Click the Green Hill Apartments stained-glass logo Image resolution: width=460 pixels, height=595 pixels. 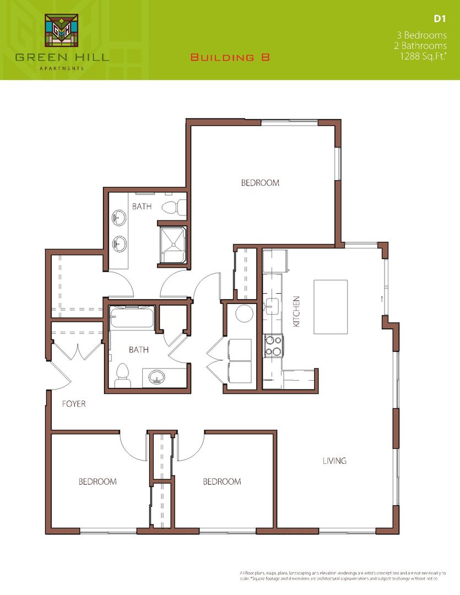tap(61, 32)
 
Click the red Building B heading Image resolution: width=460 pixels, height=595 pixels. tap(230, 57)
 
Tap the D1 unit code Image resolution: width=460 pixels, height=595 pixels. tap(439, 19)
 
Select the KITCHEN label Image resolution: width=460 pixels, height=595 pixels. tap(296, 312)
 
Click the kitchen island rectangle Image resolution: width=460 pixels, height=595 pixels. tap(331, 306)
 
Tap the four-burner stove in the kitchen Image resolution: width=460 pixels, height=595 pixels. tap(273, 345)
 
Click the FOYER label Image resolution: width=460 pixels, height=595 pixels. tap(73, 404)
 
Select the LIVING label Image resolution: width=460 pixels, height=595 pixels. tap(334, 461)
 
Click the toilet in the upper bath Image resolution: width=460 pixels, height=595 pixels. tap(171, 207)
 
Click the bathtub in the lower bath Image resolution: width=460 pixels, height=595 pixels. tap(131, 318)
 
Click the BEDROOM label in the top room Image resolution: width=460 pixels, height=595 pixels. tap(260, 183)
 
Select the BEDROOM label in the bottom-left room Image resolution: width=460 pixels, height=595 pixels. tap(98, 482)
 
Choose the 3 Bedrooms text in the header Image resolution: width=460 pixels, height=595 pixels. tap(425, 35)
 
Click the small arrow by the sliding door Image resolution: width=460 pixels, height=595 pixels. tap(380, 299)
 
